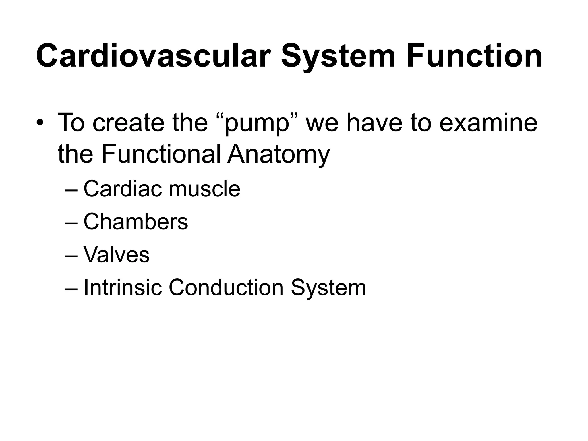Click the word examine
(x=488, y=123)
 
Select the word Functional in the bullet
(x=161, y=154)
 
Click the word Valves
(x=116, y=254)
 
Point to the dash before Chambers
(x=71, y=223)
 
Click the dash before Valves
(x=71, y=256)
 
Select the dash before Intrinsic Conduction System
(x=71, y=289)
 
